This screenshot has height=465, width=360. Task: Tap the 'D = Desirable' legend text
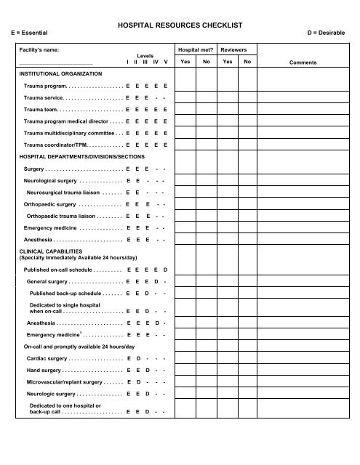332,33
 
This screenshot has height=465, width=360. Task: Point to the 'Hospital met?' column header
196,51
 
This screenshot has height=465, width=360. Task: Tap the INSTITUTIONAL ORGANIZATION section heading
61,74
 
